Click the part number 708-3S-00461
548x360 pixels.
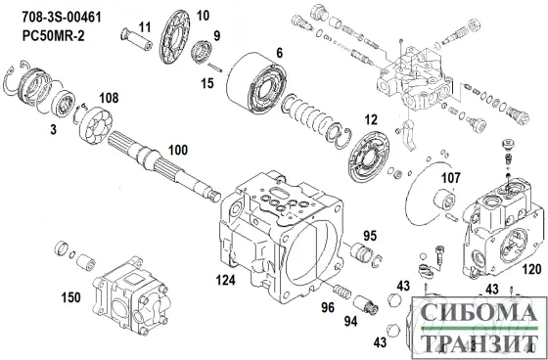click(x=60, y=15)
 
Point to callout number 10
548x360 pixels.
click(x=203, y=16)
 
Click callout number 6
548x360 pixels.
click(x=279, y=52)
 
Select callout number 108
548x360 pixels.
click(x=109, y=98)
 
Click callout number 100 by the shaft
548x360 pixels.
click(x=177, y=152)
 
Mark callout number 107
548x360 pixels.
click(x=450, y=178)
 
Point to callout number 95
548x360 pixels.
click(x=371, y=235)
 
